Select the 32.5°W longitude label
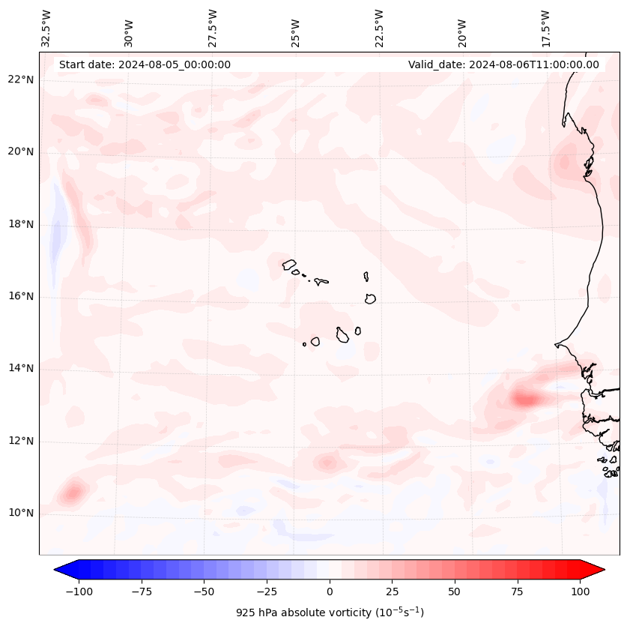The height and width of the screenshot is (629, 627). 46,28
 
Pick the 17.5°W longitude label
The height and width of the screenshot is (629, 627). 545,28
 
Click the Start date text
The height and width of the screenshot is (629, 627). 145,64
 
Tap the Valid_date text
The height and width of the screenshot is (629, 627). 503,64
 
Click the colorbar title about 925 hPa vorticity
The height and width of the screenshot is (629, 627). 330,613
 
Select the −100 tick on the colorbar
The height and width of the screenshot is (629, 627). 79,592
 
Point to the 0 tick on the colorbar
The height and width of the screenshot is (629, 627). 330,592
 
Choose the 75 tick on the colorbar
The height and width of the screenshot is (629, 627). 517,592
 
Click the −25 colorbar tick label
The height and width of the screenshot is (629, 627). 267,592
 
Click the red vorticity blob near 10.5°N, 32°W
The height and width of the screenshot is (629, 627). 73,493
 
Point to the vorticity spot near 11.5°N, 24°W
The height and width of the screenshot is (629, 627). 327,462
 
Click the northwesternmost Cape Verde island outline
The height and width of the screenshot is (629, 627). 289,264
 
